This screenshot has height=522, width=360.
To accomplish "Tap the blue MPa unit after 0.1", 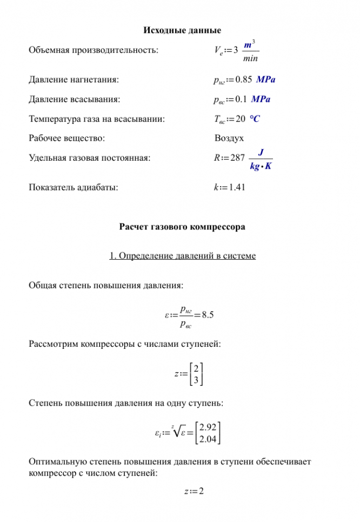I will (262, 100).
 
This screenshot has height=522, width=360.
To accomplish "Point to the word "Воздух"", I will (229, 138).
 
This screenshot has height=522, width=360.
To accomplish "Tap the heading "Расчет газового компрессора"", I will (182, 227).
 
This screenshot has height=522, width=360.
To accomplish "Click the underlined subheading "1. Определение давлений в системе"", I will (182, 255).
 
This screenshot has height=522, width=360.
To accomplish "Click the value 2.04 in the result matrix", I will (208, 439).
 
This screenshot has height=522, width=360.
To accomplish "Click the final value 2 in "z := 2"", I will (201, 491).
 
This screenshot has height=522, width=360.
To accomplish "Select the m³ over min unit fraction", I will (250, 51).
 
